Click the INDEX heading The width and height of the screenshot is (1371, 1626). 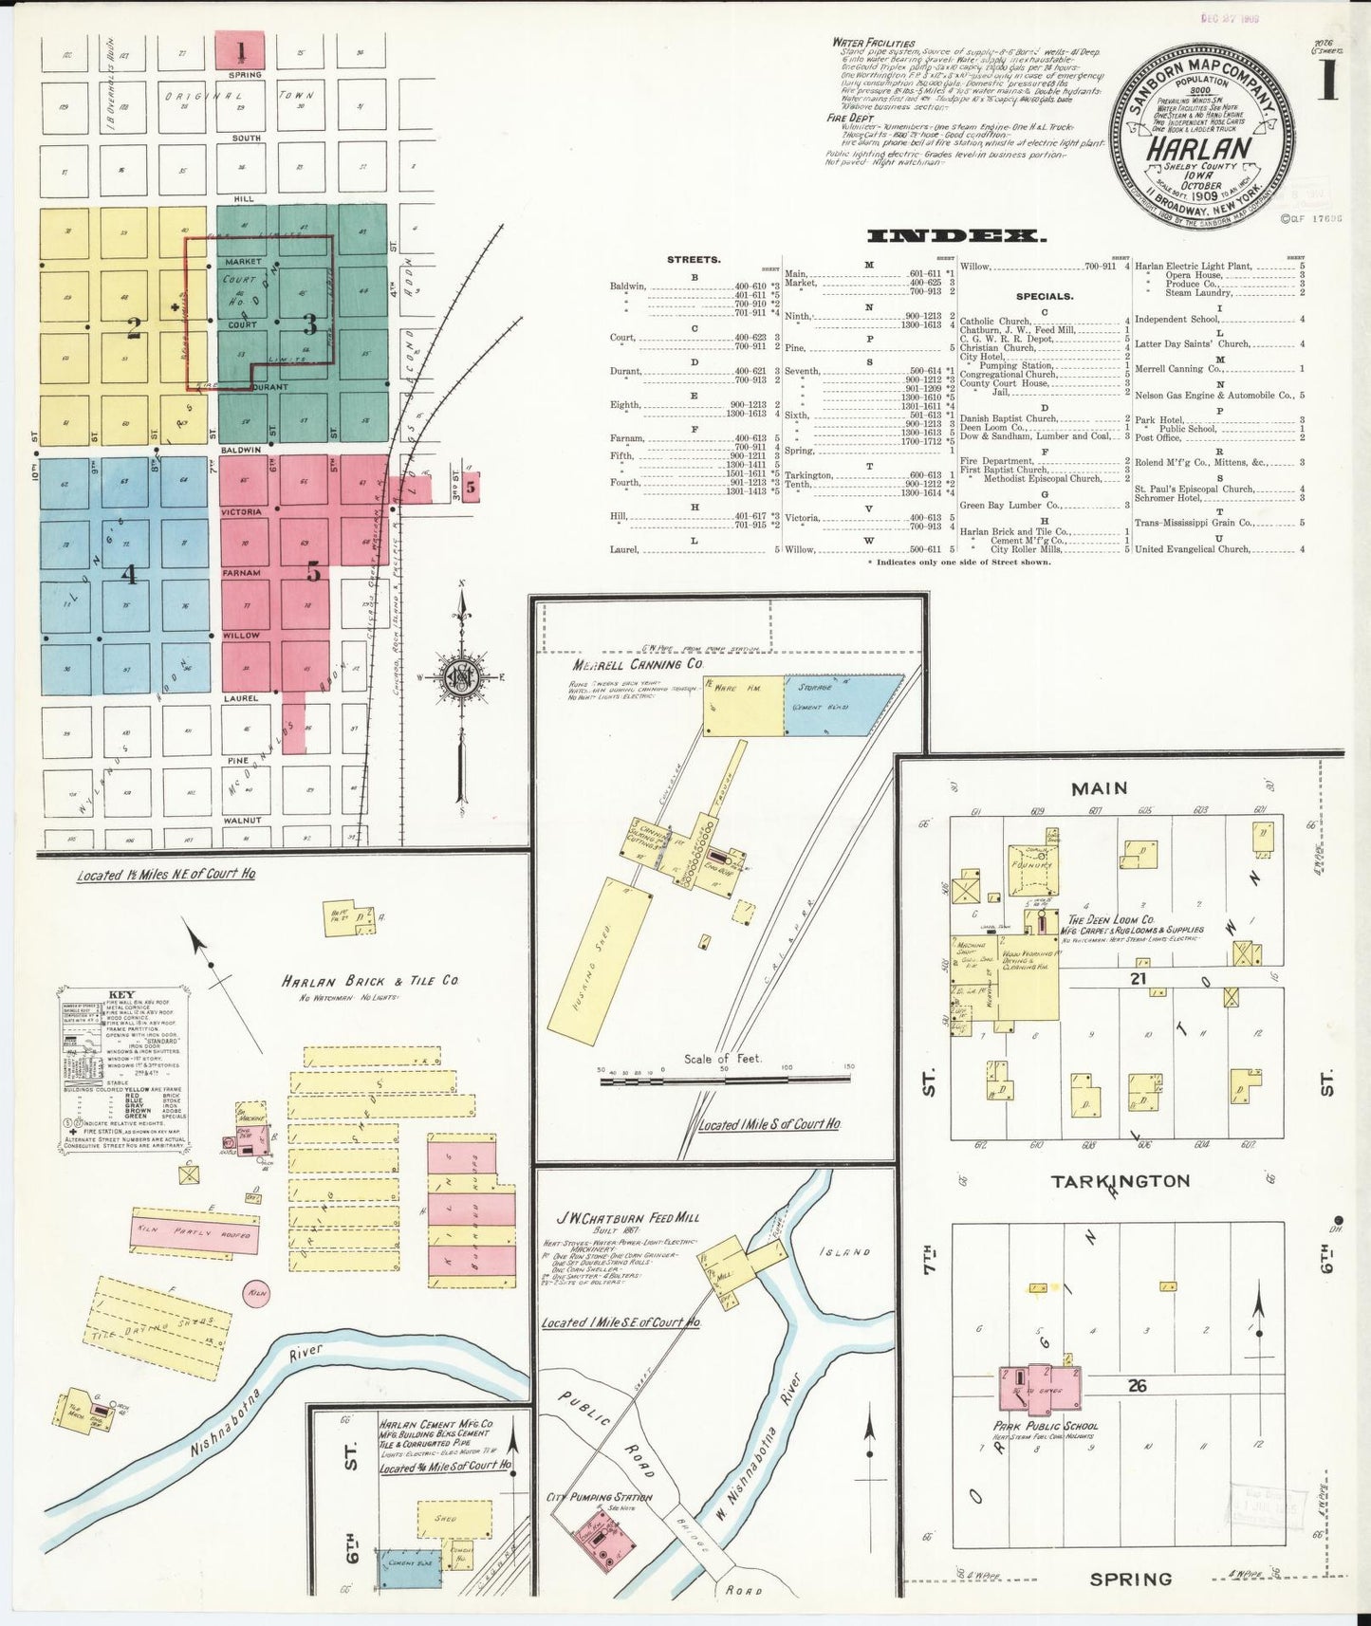click(x=956, y=236)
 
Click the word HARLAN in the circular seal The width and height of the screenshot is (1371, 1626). click(x=1198, y=149)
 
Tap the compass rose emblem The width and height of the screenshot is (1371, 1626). click(x=461, y=677)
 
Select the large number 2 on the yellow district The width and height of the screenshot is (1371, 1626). click(x=134, y=328)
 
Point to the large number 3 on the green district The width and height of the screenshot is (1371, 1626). click(x=309, y=324)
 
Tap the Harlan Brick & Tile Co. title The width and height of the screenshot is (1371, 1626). click(x=369, y=981)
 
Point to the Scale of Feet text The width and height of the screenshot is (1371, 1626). click(x=722, y=1059)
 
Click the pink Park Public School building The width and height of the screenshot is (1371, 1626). click(x=1040, y=1386)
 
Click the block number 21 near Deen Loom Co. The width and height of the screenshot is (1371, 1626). click(x=1139, y=978)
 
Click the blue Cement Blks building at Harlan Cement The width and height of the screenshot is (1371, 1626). click(x=411, y=1569)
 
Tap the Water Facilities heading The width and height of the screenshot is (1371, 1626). click(x=873, y=44)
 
